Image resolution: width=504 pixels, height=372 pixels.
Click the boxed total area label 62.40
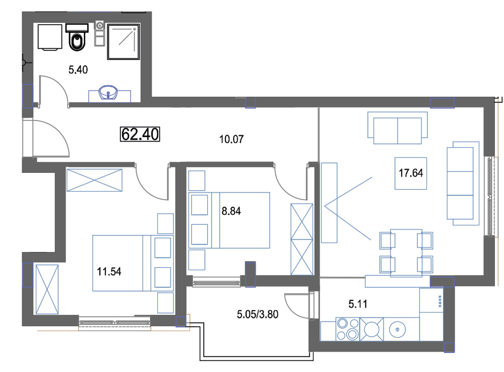click(140, 134)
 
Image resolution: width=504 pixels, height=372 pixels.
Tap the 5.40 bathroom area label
click(78, 70)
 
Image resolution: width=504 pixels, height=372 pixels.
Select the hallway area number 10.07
click(231, 139)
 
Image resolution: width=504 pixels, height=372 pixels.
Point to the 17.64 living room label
click(411, 173)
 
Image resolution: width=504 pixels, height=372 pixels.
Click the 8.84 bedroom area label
click(231, 211)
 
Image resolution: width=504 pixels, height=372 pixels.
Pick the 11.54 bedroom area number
click(109, 271)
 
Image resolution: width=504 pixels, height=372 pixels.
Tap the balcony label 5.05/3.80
click(258, 314)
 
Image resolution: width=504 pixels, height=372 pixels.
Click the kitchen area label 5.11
click(358, 304)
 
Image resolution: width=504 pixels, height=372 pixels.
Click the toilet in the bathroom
click(77, 37)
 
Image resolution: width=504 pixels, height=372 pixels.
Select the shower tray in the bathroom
click(123, 42)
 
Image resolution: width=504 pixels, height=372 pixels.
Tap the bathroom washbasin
click(108, 93)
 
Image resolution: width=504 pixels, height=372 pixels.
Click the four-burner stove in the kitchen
click(348, 329)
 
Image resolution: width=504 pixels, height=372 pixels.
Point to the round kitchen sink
click(398, 329)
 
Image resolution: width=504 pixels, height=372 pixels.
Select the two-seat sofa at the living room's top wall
click(398, 128)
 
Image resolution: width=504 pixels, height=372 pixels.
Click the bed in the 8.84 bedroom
click(229, 220)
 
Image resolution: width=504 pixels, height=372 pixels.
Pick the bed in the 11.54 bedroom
click(133, 263)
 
